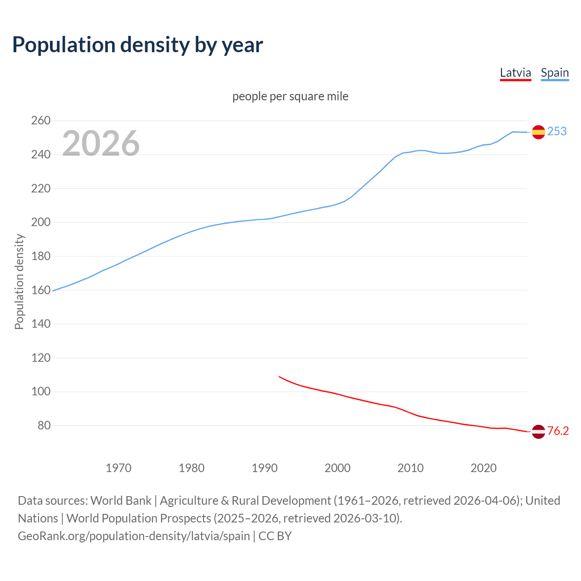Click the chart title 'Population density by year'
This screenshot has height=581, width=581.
point(138,44)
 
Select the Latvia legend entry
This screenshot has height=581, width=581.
point(515,73)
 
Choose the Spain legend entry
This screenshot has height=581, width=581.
point(555,73)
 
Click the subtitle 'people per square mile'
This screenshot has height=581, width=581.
point(290,96)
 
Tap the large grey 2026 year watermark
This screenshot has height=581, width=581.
point(101,143)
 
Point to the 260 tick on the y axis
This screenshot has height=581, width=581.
point(40,121)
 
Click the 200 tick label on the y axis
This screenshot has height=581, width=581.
point(40,222)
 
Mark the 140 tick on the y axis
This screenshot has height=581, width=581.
point(40,324)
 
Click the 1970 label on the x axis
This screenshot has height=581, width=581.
point(118,468)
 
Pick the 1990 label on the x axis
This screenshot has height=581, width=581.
point(265,468)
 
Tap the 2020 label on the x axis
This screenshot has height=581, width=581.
point(483,468)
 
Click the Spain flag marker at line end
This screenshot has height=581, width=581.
point(538,132)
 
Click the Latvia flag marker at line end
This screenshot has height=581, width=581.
point(538,432)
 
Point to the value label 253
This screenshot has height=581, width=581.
point(557,132)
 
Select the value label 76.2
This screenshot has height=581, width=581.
point(558,431)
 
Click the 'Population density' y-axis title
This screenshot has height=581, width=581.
point(19,281)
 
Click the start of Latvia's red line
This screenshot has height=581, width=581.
point(279,377)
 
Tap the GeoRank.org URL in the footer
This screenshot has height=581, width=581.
point(134,536)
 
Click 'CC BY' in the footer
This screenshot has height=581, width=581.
point(275,536)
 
